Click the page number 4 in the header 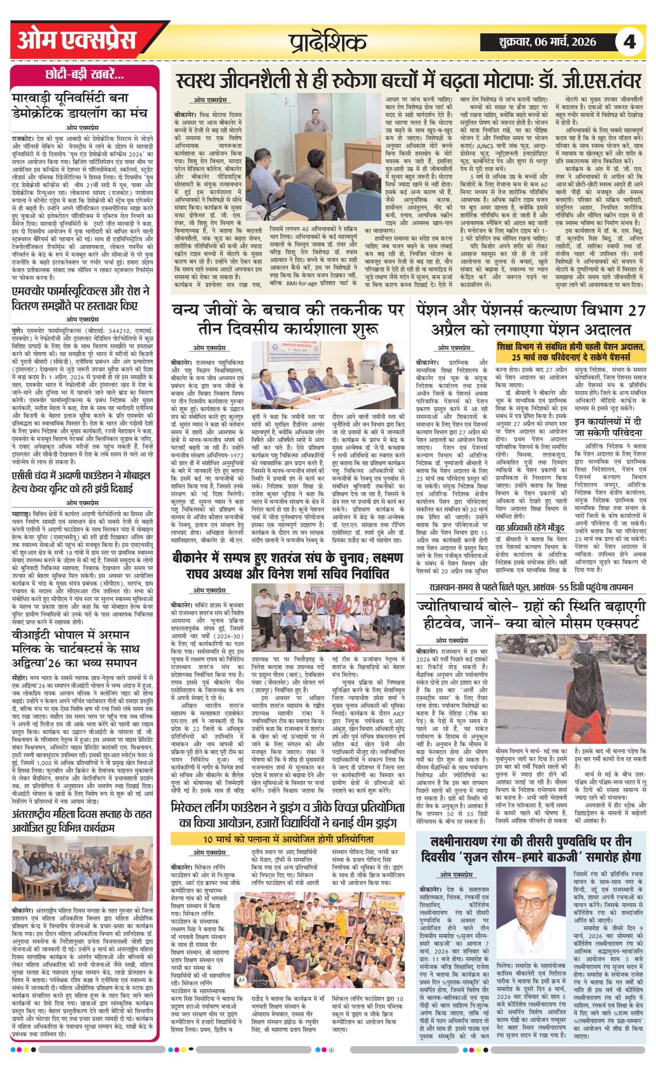[x=629, y=42]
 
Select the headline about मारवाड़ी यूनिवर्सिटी [x=80, y=106]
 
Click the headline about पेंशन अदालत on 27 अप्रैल [x=530, y=320]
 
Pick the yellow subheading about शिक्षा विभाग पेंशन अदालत [x=570, y=352]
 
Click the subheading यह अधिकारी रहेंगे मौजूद [x=529, y=528]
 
